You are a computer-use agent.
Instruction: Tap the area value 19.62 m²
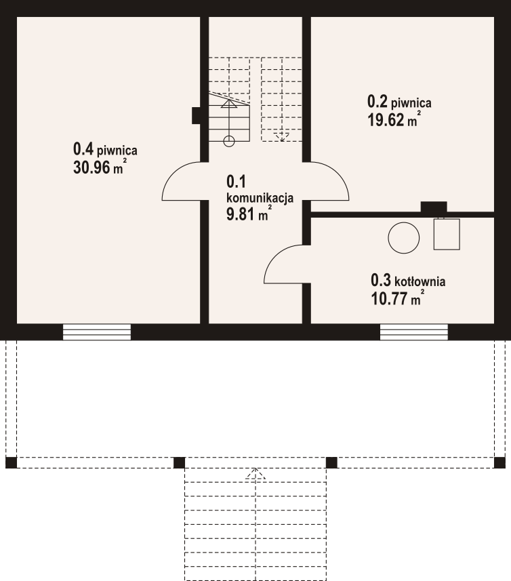pyautogui.click(x=394, y=119)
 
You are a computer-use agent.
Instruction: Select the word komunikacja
pyautogui.click(x=260, y=198)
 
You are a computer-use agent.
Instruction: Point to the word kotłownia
pyautogui.click(x=420, y=281)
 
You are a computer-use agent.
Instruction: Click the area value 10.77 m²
pyautogui.click(x=397, y=298)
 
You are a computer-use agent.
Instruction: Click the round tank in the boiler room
pyautogui.click(x=404, y=238)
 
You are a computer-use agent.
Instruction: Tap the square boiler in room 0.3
pyautogui.click(x=447, y=234)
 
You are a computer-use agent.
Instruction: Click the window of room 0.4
pyautogui.click(x=97, y=332)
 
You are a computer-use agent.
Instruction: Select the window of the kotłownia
pyautogui.click(x=414, y=332)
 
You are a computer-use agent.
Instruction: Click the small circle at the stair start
pyautogui.click(x=229, y=141)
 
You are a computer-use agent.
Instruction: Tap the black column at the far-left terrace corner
pyautogui.click(x=11, y=462)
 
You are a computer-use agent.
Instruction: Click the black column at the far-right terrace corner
pyautogui.click(x=499, y=462)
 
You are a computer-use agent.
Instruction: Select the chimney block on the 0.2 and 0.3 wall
pyautogui.click(x=434, y=207)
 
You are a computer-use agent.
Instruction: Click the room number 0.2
pyautogui.click(x=377, y=101)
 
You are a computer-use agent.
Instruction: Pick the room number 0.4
pyautogui.click(x=83, y=149)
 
